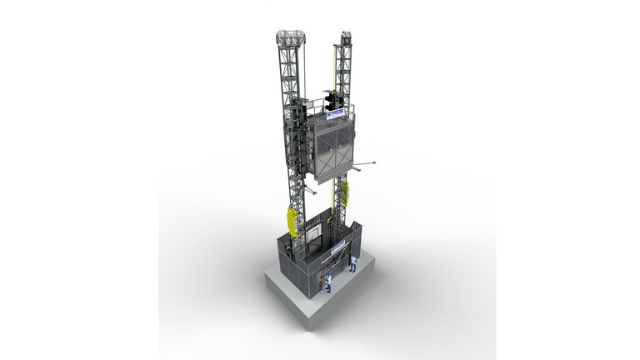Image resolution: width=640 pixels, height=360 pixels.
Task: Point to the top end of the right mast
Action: click(x=345, y=36)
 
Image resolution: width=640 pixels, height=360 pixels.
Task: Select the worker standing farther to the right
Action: click(x=352, y=262)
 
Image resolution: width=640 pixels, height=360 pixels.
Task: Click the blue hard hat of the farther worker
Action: click(x=352, y=253)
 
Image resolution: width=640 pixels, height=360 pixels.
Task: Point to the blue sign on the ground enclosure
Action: click(x=338, y=247)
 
